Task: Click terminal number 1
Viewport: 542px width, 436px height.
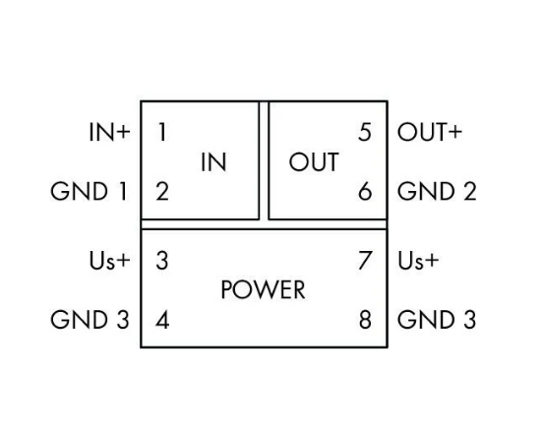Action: (x=162, y=132)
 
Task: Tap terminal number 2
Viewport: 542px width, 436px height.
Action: (x=162, y=192)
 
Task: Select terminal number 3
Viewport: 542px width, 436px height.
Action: (x=162, y=261)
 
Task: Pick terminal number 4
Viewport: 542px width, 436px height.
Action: (x=162, y=320)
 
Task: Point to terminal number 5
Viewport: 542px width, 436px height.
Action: (x=365, y=132)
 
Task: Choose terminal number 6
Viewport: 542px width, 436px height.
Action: (x=365, y=192)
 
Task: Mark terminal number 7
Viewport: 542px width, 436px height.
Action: (x=365, y=261)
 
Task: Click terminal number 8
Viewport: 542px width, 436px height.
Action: (x=365, y=320)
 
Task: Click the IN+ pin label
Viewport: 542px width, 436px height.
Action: (x=109, y=132)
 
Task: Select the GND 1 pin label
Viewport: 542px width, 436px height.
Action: (x=89, y=192)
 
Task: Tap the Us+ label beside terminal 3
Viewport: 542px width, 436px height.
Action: (x=109, y=261)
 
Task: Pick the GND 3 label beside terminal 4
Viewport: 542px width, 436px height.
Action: (x=90, y=320)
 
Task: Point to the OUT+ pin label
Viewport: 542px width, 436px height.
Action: (x=430, y=132)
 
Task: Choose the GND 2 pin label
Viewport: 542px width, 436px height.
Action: (x=437, y=192)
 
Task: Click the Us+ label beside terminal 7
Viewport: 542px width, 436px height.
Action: (x=418, y=261)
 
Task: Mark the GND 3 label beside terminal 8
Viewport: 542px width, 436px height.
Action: (x=437, y=320)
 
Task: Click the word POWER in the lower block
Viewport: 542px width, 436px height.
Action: (x=263, y=289)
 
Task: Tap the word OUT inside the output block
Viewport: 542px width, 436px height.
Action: (x=314, y=161)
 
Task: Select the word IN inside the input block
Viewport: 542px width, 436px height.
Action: (x=213, y=161)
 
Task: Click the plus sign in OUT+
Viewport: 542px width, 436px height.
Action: (x=454, y=132)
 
